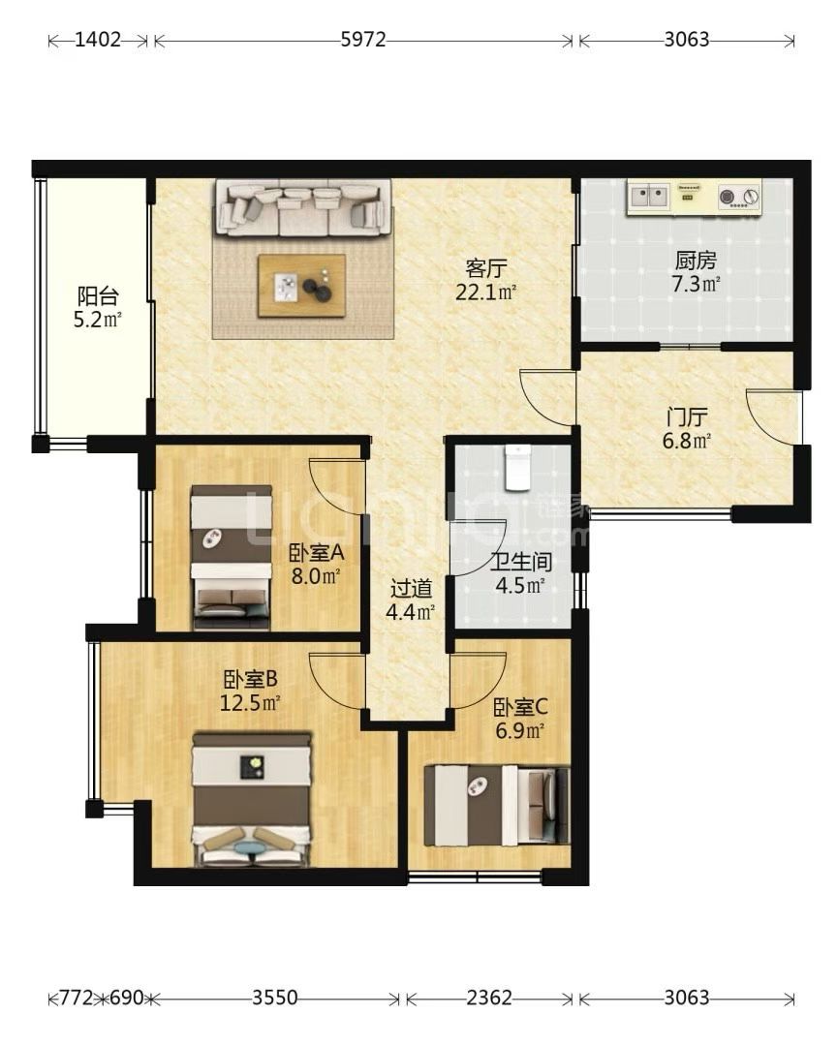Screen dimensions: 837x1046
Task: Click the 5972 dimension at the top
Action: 363,40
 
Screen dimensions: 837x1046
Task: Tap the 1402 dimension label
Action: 98,40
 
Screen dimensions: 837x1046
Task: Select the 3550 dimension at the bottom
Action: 274,998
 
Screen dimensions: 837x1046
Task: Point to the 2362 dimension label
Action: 489,998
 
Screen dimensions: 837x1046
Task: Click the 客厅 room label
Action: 486,269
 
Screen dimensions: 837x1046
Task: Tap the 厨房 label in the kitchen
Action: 696,261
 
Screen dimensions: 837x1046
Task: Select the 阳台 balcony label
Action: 98,295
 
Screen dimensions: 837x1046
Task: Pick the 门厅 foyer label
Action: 687,417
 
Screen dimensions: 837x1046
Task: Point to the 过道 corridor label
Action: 411,589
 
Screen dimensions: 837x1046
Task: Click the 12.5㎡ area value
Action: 250,702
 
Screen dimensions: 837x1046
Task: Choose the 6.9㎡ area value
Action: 519,730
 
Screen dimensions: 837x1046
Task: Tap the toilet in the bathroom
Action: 516,467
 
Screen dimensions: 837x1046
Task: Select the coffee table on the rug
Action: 302,286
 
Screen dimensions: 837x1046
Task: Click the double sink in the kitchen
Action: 649,196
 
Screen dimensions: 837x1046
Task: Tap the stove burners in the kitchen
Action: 739,197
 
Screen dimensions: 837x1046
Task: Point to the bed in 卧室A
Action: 232,557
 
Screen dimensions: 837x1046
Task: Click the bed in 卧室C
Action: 497,805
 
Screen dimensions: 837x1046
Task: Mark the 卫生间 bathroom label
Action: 522,562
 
